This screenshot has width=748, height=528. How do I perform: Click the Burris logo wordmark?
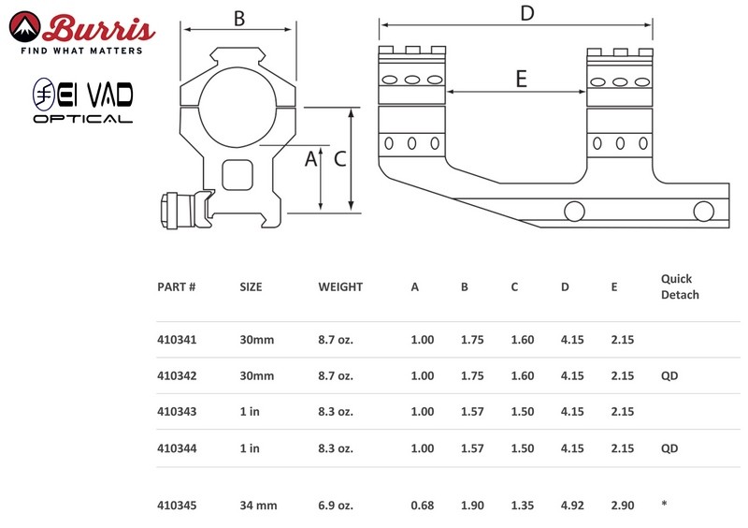99,29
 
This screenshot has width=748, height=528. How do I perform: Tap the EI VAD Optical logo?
82,100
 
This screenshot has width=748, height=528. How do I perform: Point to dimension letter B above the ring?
239,19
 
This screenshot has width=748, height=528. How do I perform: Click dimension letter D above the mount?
526,13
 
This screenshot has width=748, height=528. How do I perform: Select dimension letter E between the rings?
522,79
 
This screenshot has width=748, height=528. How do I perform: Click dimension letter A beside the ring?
310,158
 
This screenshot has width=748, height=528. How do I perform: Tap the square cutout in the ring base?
237,175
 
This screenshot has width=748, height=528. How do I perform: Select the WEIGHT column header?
340,286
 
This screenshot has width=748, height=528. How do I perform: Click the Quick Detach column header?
680,286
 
